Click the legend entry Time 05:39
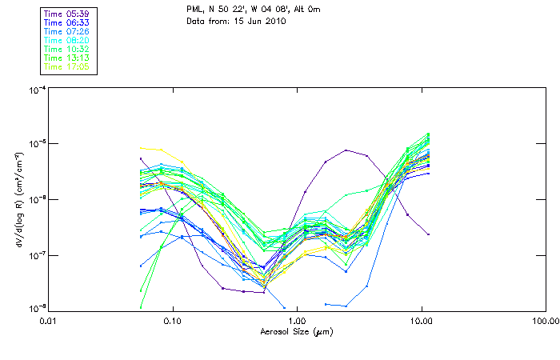point(67,13)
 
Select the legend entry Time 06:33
point(67,22)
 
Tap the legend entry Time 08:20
point(67,39)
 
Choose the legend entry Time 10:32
point(67,49)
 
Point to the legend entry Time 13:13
point(67,58)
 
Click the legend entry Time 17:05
point(67,66)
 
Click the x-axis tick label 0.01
point(48,321)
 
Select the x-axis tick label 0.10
point(172,321)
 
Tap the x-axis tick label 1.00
point(297,321)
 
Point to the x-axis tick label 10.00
point(421,321)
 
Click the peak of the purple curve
point(346,150)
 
